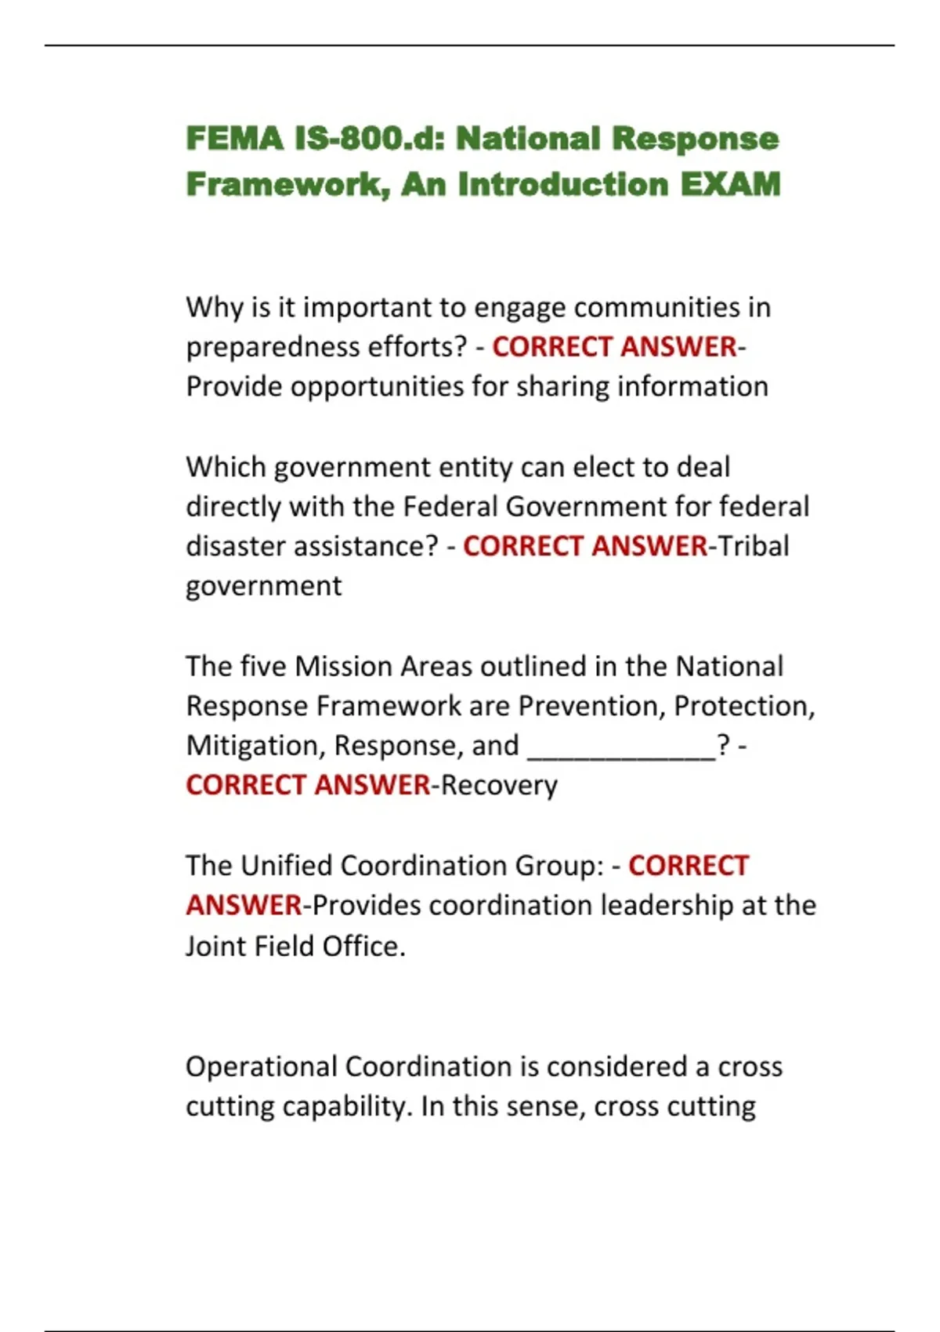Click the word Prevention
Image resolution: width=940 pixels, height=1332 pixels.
591,707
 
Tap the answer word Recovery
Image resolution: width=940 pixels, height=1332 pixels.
500,785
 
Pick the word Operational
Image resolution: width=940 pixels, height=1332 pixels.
262,1067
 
